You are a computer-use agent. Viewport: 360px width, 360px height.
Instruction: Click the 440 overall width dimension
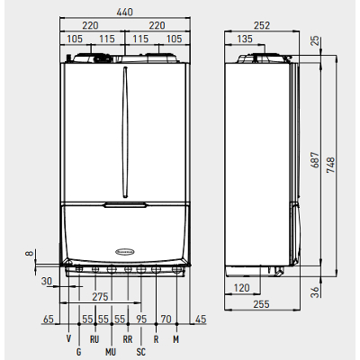[124, 12]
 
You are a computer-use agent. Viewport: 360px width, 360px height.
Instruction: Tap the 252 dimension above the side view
[262, 25]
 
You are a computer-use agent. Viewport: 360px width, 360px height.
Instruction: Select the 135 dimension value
[245, 39]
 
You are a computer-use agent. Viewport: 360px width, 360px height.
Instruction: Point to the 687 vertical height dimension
[315, 160]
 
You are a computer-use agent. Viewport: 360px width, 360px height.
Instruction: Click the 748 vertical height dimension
[330, 165]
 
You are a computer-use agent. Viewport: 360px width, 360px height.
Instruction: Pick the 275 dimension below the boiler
[100, 297]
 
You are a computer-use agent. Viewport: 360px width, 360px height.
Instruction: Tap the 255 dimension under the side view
[261, 304]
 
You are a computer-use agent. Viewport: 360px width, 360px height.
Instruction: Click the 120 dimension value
[241, 288]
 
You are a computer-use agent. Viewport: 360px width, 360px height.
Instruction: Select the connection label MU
[111, 352]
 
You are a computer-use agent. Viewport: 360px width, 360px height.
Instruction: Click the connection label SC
[140, 352]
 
